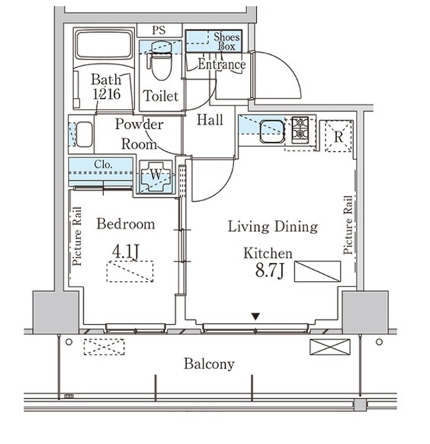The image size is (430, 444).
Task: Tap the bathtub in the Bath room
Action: [105, 44]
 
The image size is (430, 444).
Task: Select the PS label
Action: [159, 31]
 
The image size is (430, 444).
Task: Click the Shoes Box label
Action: [226, 42]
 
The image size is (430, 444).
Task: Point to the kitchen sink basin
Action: [272, 131]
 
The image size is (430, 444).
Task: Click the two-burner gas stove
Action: [300, 128]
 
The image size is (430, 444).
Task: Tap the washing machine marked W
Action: [156, 176]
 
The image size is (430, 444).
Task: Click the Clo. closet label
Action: [103, 164]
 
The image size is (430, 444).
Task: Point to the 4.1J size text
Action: [126, 252]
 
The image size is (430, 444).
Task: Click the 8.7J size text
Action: [269, 270]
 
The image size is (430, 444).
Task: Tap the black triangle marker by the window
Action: [256, 316]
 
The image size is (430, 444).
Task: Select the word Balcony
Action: [209, 364]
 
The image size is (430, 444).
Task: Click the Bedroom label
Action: [126, 224]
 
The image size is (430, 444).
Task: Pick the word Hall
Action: [210, 119]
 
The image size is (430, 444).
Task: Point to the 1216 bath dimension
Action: [107, 94]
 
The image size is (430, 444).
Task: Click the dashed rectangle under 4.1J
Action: [130, 271]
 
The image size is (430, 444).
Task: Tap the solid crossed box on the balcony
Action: [330, 347]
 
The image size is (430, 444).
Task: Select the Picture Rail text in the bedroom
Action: [77, 237]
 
